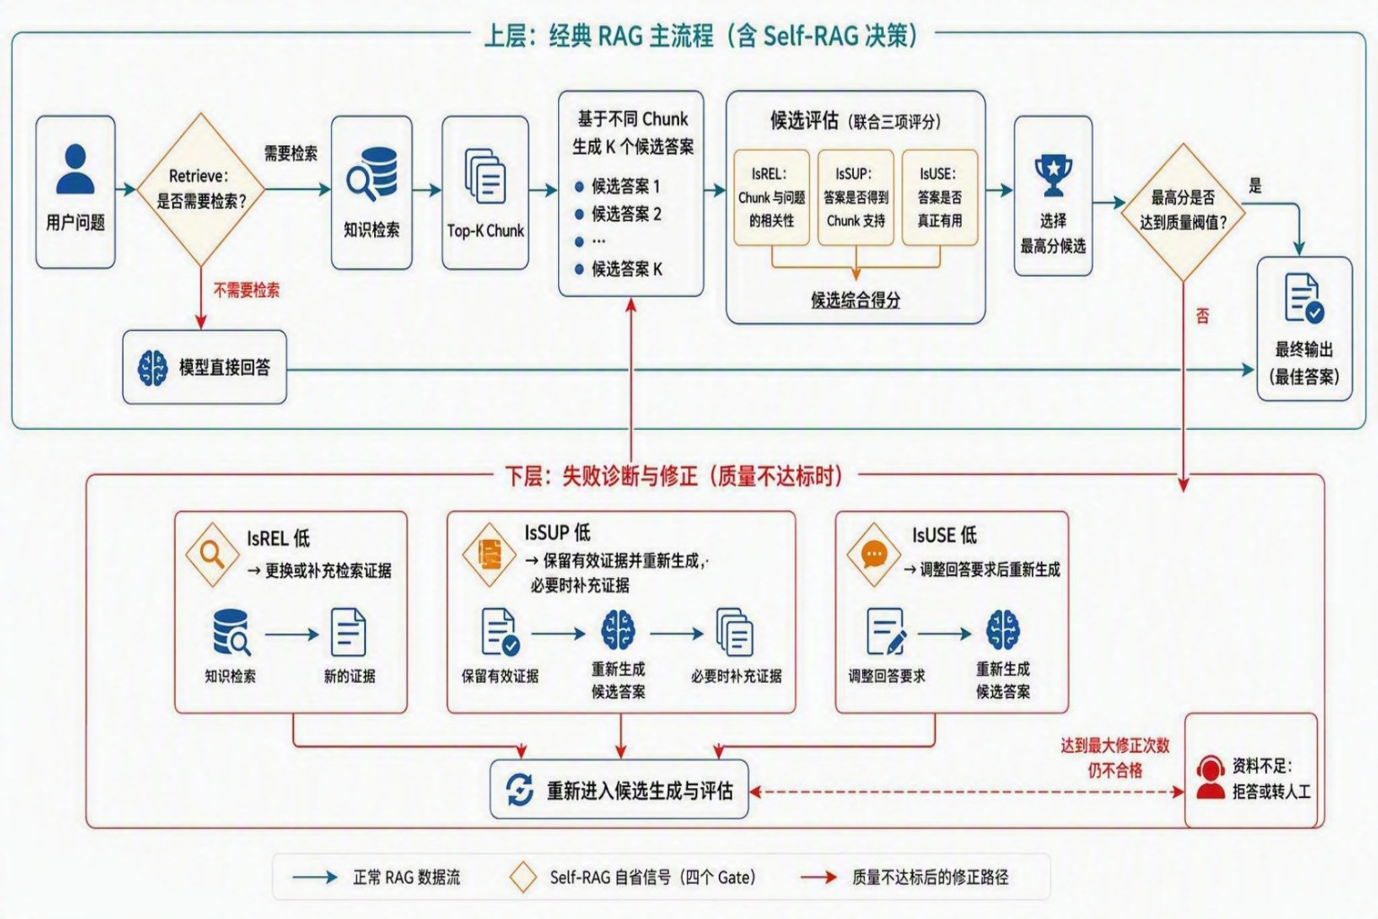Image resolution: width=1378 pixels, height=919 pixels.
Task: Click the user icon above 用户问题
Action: click(x=75, y=170)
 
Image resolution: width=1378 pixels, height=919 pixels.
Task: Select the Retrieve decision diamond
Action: click(x=201, y=189)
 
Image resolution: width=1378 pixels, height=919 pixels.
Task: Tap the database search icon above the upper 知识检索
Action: click(x=371, y=174)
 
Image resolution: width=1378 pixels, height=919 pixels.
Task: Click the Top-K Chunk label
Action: click(x=485, y=231)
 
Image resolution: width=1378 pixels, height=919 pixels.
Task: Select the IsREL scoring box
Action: click(x=772, y=197)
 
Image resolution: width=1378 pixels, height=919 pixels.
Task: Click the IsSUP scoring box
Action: click(x=856, y=197)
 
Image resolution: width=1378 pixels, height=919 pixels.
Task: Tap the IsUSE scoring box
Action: click(x=939, y=197)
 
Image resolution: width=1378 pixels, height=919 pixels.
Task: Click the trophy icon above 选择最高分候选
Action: click(x=1053, y=175)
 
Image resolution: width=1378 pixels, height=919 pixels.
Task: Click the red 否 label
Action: click(x=1203, y=317)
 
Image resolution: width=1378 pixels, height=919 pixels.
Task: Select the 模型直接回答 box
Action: click(x=205, y=367)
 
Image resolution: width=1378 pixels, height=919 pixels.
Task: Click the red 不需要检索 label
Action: click(x=246, y=290)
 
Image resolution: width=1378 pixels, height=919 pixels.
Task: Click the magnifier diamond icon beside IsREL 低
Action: click(x=213, y=554)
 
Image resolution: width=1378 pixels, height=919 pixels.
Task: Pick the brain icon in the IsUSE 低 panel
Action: click(x=1003, y=630)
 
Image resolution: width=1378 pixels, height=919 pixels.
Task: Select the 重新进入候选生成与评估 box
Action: click(x=619, y=789)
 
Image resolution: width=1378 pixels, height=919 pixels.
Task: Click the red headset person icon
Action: click(x=1210, y=777)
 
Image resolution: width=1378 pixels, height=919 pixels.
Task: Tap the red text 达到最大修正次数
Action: click(x=1115, y=746)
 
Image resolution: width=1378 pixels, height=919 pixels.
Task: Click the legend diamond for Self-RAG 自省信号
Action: click(x=523, y=877)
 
